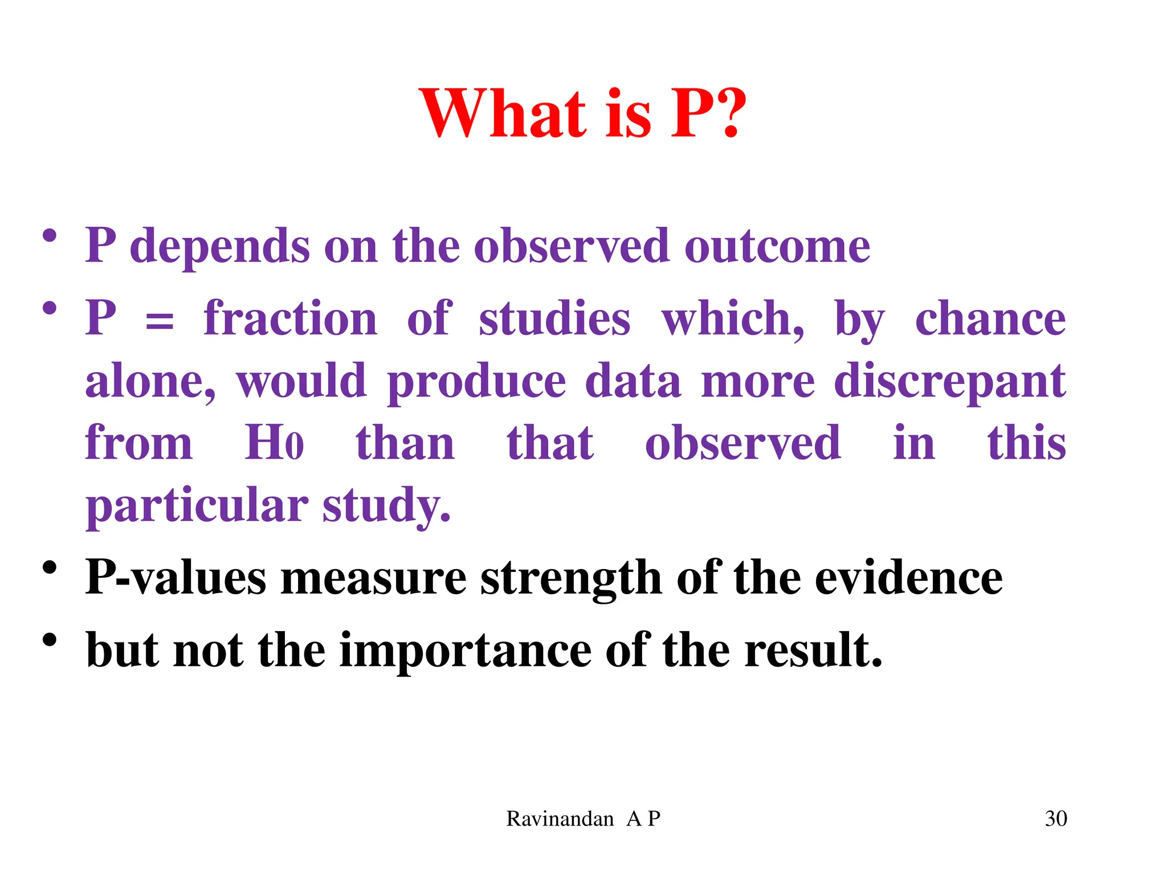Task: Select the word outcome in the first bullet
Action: pyautogui.click(x=777, y=247)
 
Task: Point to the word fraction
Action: pyautogui.click(x=291, y=318)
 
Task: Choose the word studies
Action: pyautogui.click(x=554, y=318)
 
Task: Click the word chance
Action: pyautogui.click(x=990, y=320)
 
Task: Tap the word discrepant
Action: pyautogui.click(x=950, y=382)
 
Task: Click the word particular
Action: pyautogui.click(x=197, y=505)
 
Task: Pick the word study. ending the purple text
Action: pyautogui.click(x=387, y=506)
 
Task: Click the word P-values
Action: pyautogui.click(x=176, y=578)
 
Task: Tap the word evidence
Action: pyautogui.click(x=908, y=578)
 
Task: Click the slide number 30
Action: pyautogui.click(x=1056, y=819)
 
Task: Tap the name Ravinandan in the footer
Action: pyautogui.click(x=560, y=819)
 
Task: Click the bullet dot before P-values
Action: pyautogui.click(x=50, y=568)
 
